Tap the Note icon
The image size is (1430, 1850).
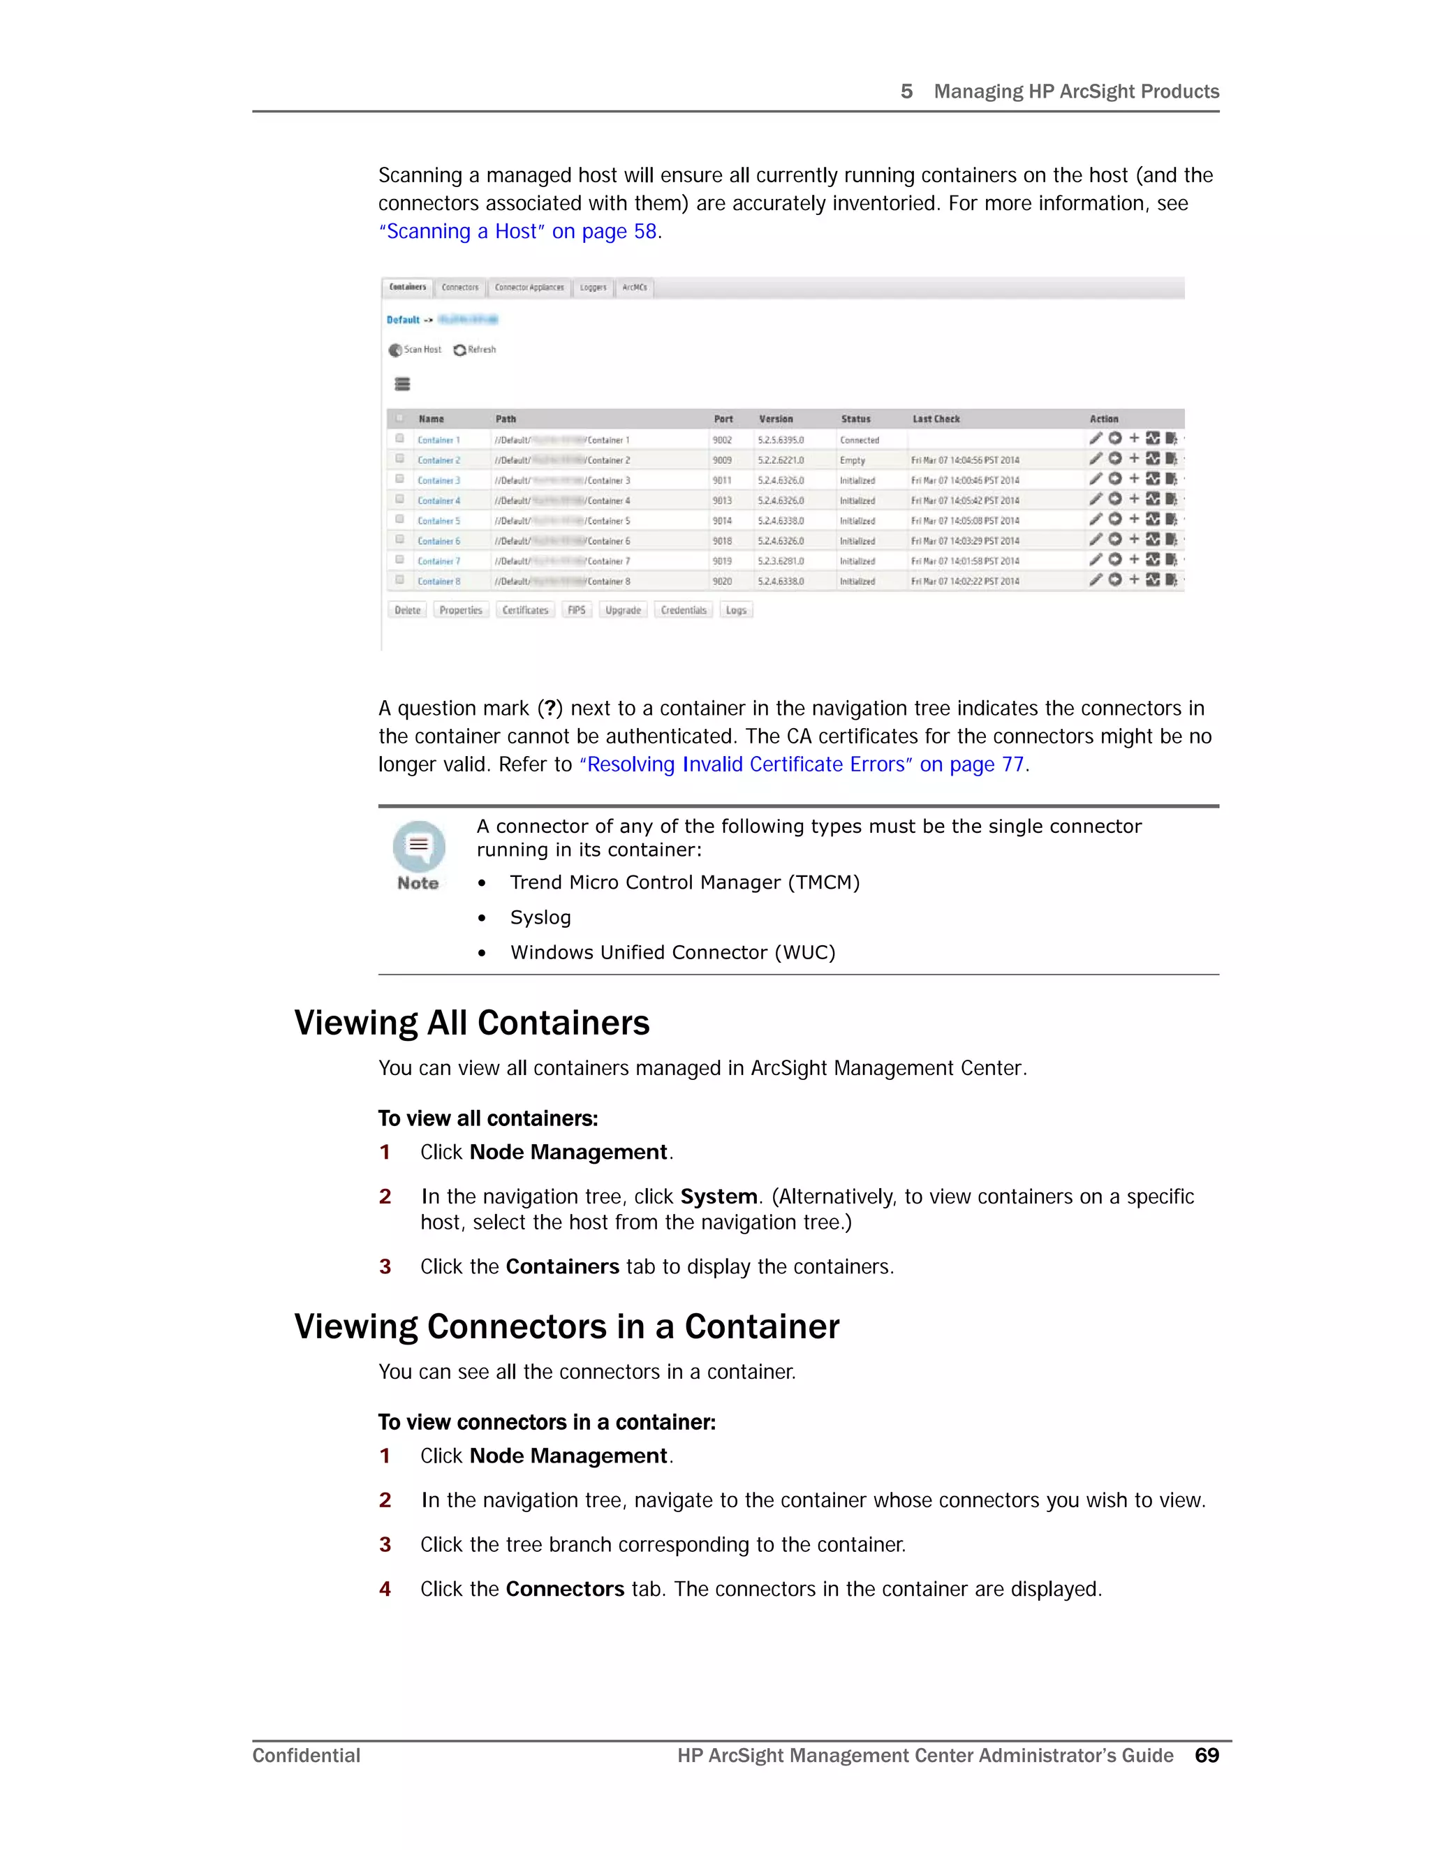click(418, 847)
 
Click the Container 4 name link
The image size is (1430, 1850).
click(438, 501)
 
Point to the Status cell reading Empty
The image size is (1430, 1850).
click(853, 461)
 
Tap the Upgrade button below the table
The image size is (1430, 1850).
click(623, 611)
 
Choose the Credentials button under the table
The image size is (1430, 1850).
click(684, 611)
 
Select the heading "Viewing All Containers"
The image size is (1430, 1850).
click(472, 1023)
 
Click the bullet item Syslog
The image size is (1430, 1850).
click(540, 918)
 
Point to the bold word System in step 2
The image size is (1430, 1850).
click(718, 1197)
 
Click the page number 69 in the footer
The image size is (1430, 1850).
click(1207, 1756)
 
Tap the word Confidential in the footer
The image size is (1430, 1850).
click(307, 1756)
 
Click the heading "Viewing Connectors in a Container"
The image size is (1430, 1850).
click(567, 1327)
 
